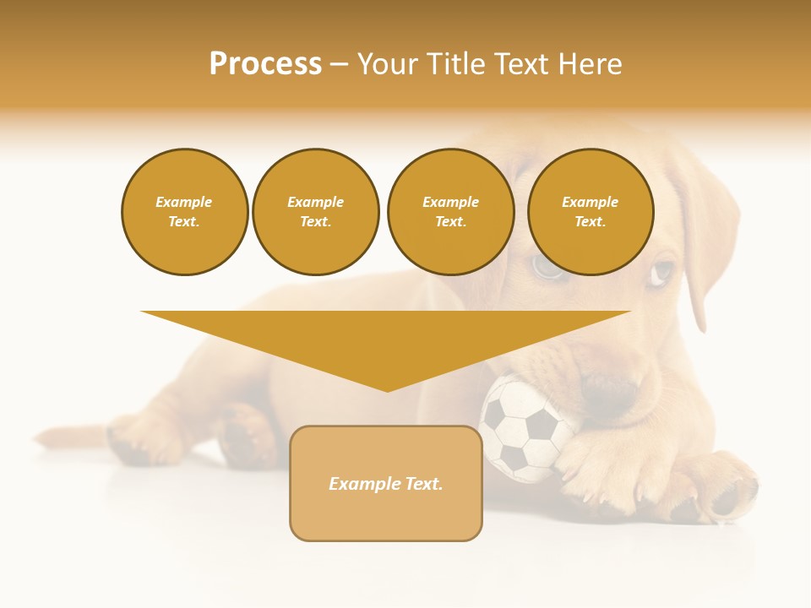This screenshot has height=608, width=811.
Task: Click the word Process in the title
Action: [265, 64]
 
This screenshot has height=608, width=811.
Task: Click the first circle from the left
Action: [184, 212]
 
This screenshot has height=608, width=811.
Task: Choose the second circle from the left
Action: [316, 212]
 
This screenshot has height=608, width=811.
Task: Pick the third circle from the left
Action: [450, 212]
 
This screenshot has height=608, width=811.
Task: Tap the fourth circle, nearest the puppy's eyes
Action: [590, 212]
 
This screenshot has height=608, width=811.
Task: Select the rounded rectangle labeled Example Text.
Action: [386, 483]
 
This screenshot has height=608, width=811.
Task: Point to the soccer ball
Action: [524, 428]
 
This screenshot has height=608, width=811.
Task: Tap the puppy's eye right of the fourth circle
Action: [663, 272]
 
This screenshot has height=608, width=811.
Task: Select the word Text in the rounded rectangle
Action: [423, 484]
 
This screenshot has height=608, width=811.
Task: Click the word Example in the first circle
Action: [184, 202]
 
